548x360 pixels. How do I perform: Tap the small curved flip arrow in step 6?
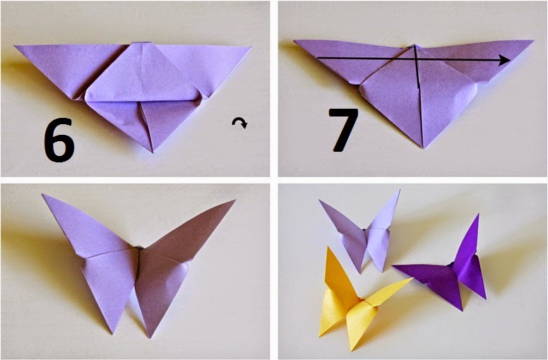click(x=240, y=124)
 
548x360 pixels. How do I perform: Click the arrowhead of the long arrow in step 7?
click(x=505, y=61)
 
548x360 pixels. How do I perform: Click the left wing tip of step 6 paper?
click(x=16, y=47)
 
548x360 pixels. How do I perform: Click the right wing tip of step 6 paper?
click(x=251, y=48)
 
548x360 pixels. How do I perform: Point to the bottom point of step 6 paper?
click(x=152, y=151)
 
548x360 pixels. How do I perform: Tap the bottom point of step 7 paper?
click(x=422, y=148)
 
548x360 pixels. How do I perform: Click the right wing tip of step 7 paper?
click(x=533, y=41)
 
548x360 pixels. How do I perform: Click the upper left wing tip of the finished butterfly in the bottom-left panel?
click(x=43, y=195)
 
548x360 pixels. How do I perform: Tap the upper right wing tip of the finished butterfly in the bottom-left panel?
click(x=234, y=200)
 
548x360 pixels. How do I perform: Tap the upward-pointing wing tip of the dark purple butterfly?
click(x=478, y=215)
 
